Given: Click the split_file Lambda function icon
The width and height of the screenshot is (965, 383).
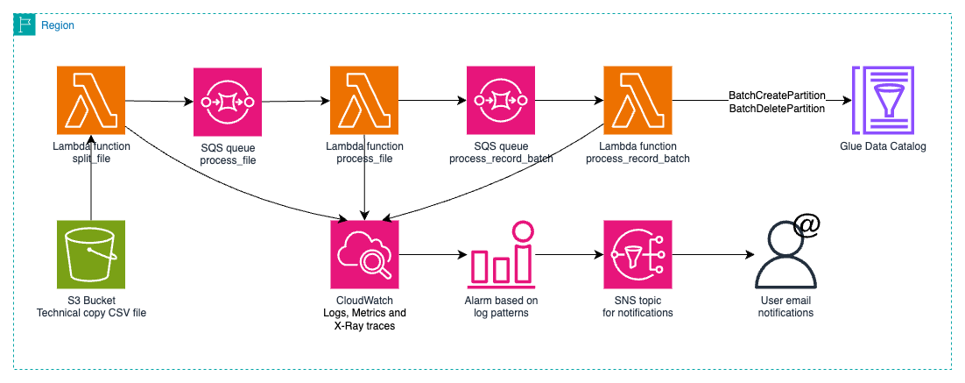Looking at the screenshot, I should pos(90,102).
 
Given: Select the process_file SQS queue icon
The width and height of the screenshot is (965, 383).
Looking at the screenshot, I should pos(227,102).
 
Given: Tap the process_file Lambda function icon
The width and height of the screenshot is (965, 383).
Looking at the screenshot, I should pos(364,102).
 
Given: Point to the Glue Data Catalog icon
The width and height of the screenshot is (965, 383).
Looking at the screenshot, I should pos(883,102).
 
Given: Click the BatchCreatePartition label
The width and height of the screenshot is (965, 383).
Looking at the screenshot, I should pos(777,95).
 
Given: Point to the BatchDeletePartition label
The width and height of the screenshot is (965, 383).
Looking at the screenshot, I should pos(777,109).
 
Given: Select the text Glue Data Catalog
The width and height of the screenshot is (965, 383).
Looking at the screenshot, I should pos(883,146).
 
